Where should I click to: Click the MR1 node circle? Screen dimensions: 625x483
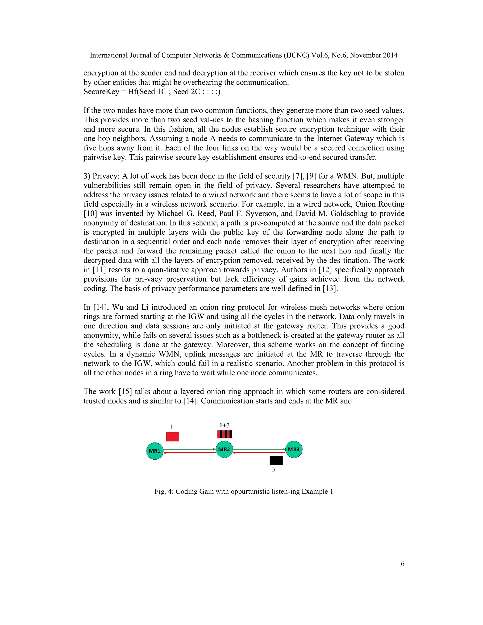(x=154, y=451)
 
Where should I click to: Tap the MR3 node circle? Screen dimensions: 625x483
(x=294, y=449)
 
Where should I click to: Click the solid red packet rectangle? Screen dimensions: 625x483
(x=173, y=437)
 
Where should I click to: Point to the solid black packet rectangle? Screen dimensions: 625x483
(x=276, y=460)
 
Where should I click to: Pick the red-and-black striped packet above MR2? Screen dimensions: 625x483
(x=225, y=434)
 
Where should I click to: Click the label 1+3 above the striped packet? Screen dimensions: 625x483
(x=225, y=425)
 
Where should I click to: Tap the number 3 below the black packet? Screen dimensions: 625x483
(x=273, y=469)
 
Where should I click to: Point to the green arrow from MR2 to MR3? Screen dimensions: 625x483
(x=259, y=449)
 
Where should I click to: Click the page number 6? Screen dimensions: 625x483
(x=402, y=564)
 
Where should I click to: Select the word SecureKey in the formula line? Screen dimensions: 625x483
(x=101, y=92)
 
